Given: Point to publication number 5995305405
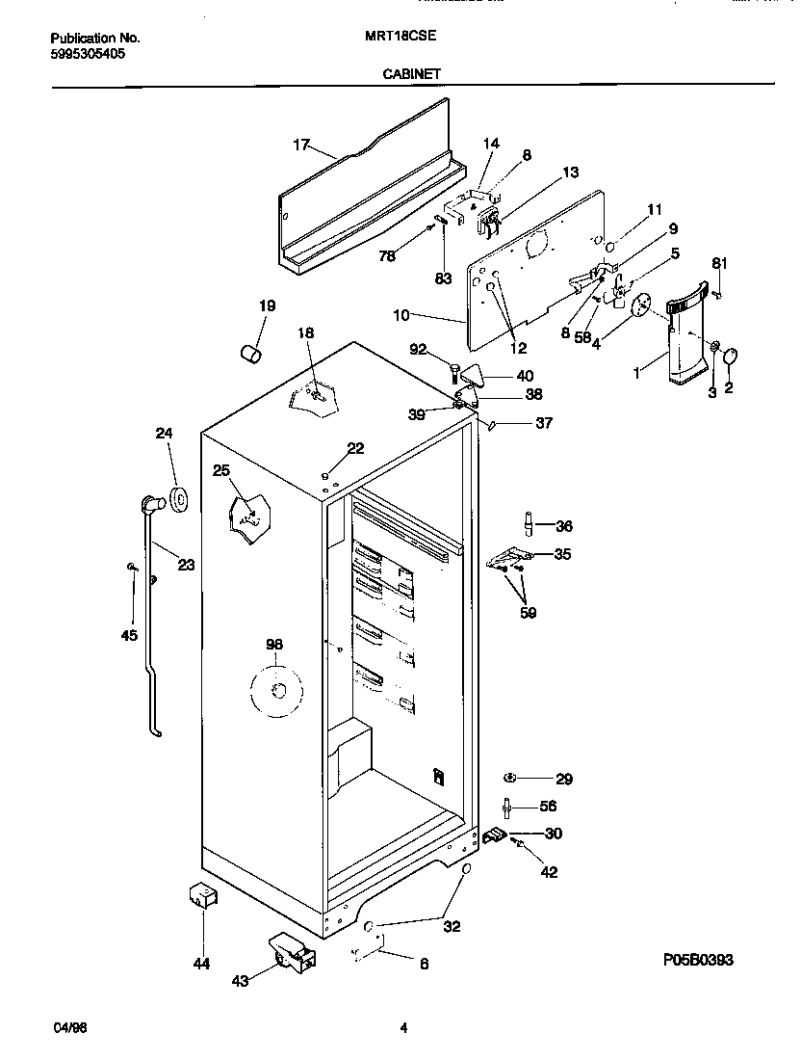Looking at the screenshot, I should pyautogui.click(x=87, y=54).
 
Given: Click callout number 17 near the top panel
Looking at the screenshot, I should pyautogui.click(x=301, y=146).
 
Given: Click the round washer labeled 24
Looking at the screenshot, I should pyautogui.click(x=178, y=497).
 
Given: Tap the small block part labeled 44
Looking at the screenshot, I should pyautogui.click(x=203, y=895).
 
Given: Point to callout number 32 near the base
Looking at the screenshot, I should pyautogui.click(x=452, y=927).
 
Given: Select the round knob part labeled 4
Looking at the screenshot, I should pyautogui.click(x=640, y=305).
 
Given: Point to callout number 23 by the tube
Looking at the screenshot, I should pyautogui.click(x=186, y=565).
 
